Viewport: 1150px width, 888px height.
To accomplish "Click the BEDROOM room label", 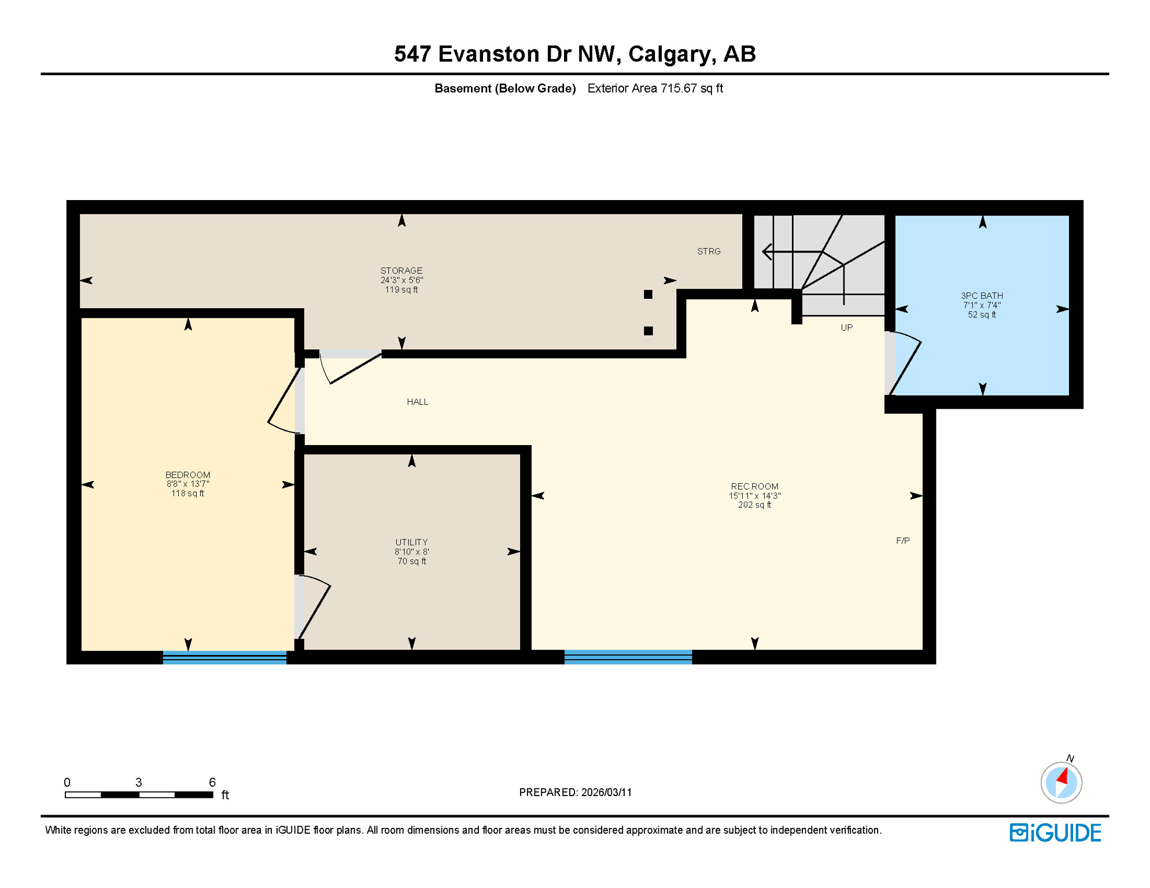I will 187,475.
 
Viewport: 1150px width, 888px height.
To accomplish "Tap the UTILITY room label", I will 411,542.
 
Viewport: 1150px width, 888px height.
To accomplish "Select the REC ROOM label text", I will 754,486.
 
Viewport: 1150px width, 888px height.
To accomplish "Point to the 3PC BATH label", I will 982,295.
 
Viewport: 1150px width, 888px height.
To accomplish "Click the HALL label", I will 417,402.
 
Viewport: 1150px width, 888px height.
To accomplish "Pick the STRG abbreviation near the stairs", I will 709,251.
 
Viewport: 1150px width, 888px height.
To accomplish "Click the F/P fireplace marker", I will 902,541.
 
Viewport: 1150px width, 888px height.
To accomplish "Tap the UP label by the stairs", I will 846,328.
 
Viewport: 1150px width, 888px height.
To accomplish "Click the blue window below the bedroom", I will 224,657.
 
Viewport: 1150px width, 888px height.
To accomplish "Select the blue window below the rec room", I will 628,657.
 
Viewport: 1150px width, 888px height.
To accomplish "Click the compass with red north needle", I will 1061,783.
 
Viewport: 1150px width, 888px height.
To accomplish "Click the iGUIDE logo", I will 1055,832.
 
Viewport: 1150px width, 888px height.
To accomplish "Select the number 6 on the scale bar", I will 212,782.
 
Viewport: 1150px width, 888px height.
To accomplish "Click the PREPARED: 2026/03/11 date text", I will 575,792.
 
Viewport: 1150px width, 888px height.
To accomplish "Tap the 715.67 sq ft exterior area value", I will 691,88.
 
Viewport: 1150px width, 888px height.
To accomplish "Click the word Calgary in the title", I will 670,54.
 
